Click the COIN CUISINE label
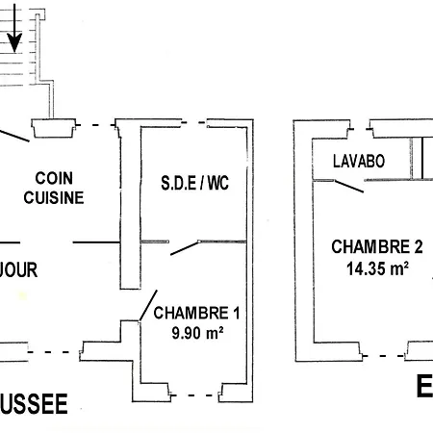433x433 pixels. (54, 188)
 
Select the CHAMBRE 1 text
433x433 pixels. (196, 313)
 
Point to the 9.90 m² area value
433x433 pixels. (196, 333)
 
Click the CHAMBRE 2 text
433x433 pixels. (370, 246)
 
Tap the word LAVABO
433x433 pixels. (359, 162)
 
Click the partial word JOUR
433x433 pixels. (18, 270)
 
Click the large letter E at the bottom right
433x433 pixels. (424, 387)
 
